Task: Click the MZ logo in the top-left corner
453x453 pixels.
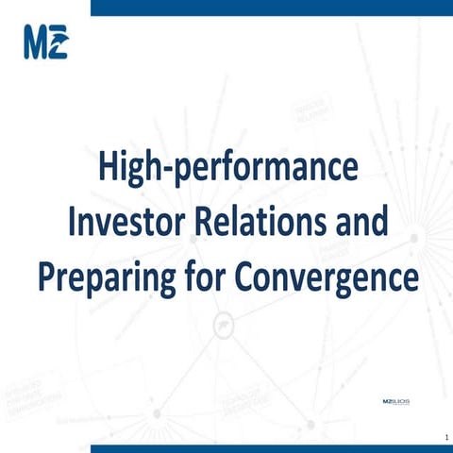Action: (45, 43)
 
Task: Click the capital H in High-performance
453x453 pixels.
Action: (109, 173)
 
